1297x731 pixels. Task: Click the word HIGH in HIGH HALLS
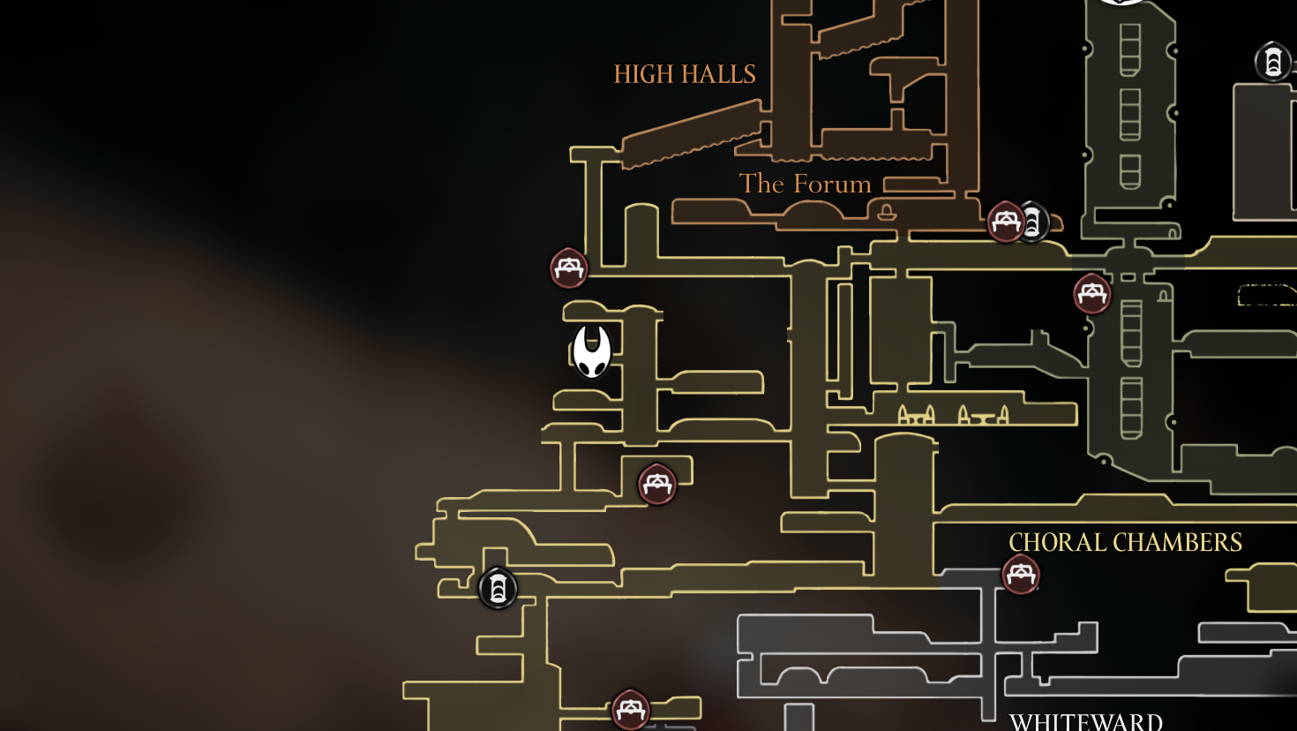pyautogui.click(x=644, y=74)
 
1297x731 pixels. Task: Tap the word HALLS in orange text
pyautogui.click(x=717, y=74)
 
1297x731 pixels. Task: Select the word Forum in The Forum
pyautogui.click(x=831, y=184)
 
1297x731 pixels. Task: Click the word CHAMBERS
pyautogui.click(x=1179, y=542)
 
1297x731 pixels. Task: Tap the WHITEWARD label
pyautogui.click(x=1086, y=721)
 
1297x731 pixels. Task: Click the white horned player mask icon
pyautogui.click(x=592, y=350)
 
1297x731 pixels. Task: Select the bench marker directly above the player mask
pyautogui.click(x=569, y=268)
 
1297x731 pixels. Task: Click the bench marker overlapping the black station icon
pyautogui.click(x=1005, y=221)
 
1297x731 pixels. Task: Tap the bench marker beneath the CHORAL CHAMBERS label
pyautogui.click(x=1021, y=575)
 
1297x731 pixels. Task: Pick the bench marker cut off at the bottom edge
pyautogui.click(x=631, y=709)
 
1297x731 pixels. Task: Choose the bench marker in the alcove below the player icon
pyautogui.click(x=657, y=484)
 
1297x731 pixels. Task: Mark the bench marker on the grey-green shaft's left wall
pyautogui.click(x=1092, y=293)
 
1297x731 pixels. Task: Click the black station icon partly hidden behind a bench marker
pyautogui.click(x=1034, y=222)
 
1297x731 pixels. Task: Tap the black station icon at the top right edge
pyautogui.click(x=1272, y=62)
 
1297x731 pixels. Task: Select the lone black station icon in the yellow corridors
pyautogui.click(x=498, y=588)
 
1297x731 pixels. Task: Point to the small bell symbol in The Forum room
pyautogui.click(x=886, y=212)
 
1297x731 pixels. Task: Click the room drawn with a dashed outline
pyautogui.click(x=1267, y=295)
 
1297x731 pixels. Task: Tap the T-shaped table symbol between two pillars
pyautogui.click(x=984, y=414)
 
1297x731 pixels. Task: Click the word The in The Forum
pyautogui.click(x=761, y=184)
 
